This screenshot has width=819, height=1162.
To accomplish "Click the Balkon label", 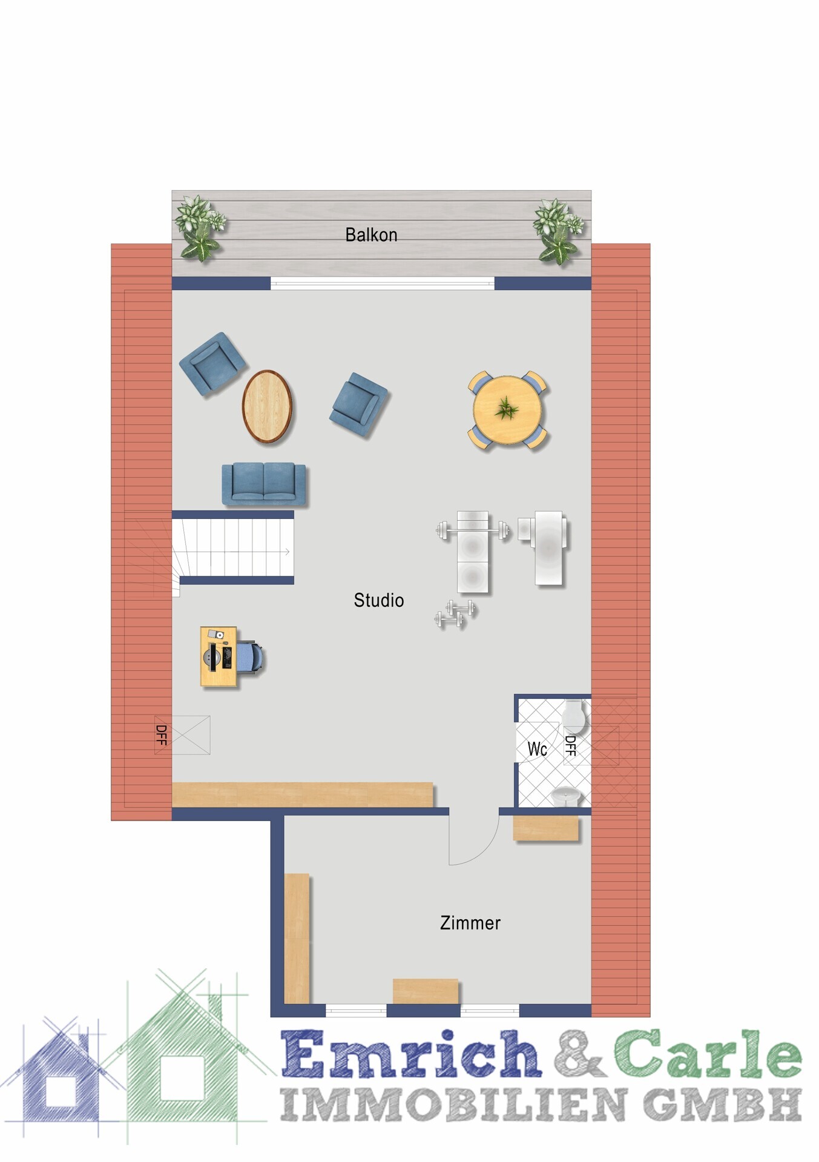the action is point(371,234).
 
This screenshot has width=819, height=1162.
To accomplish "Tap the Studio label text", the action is point(379,600).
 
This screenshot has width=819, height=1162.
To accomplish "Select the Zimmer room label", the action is point(470,923).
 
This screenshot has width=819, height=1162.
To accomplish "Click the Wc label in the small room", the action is point(538,749).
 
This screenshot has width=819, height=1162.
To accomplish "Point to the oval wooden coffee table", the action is point(267,406).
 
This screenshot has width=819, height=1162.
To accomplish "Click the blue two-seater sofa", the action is point(264,484).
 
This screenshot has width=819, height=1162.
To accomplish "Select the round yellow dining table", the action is point(507,410).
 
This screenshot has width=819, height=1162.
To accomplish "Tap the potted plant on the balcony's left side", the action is point(200,228).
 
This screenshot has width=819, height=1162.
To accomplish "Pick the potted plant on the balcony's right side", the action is point(558,231).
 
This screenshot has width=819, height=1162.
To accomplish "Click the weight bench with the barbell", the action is point(473,551).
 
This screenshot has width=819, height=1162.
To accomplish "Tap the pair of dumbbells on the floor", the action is point(455,614).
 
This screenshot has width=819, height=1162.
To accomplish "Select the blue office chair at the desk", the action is point(251,657).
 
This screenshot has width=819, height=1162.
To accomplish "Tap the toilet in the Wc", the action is point(573,716).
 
